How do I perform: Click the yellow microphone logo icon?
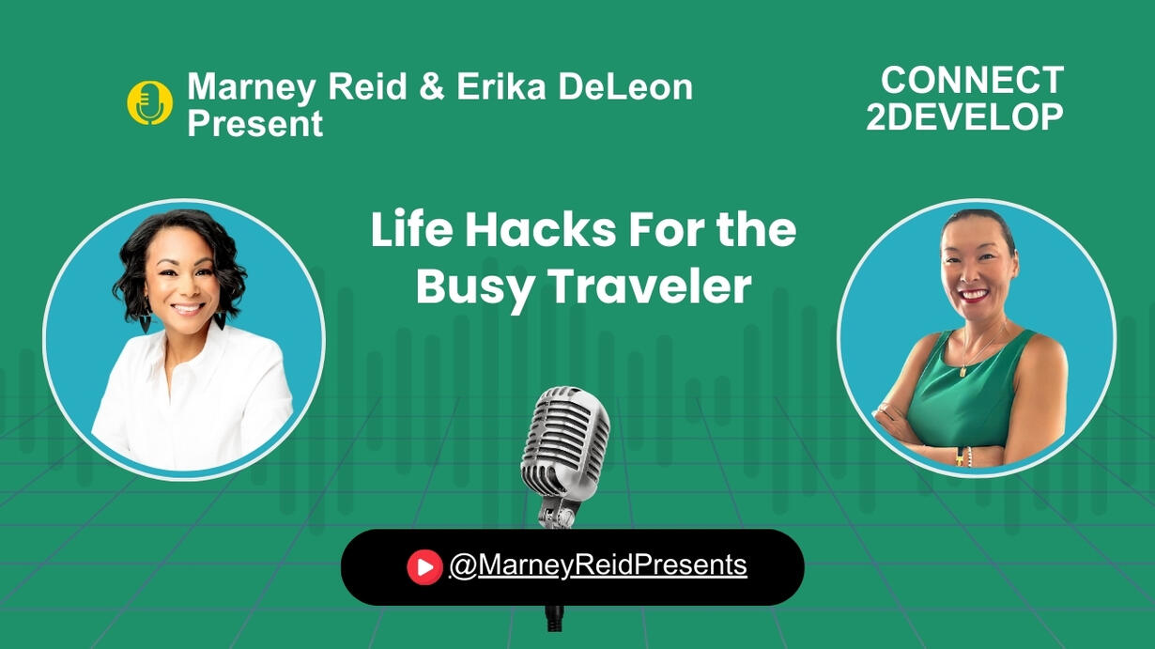[149, 102]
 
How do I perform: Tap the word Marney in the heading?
[251, 87]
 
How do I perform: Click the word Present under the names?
[254, 123]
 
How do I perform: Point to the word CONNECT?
[973, 81]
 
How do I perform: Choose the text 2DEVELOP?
[964, 116]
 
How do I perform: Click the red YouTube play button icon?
[424, 567]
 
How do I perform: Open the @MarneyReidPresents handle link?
[598, 564]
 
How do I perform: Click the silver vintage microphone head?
[565, 441]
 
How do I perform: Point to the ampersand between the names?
[432, 86]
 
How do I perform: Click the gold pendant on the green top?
[962, 371]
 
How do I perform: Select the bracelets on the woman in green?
[963, 456]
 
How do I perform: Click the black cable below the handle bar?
[555, 618]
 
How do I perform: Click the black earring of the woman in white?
[220, 320]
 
